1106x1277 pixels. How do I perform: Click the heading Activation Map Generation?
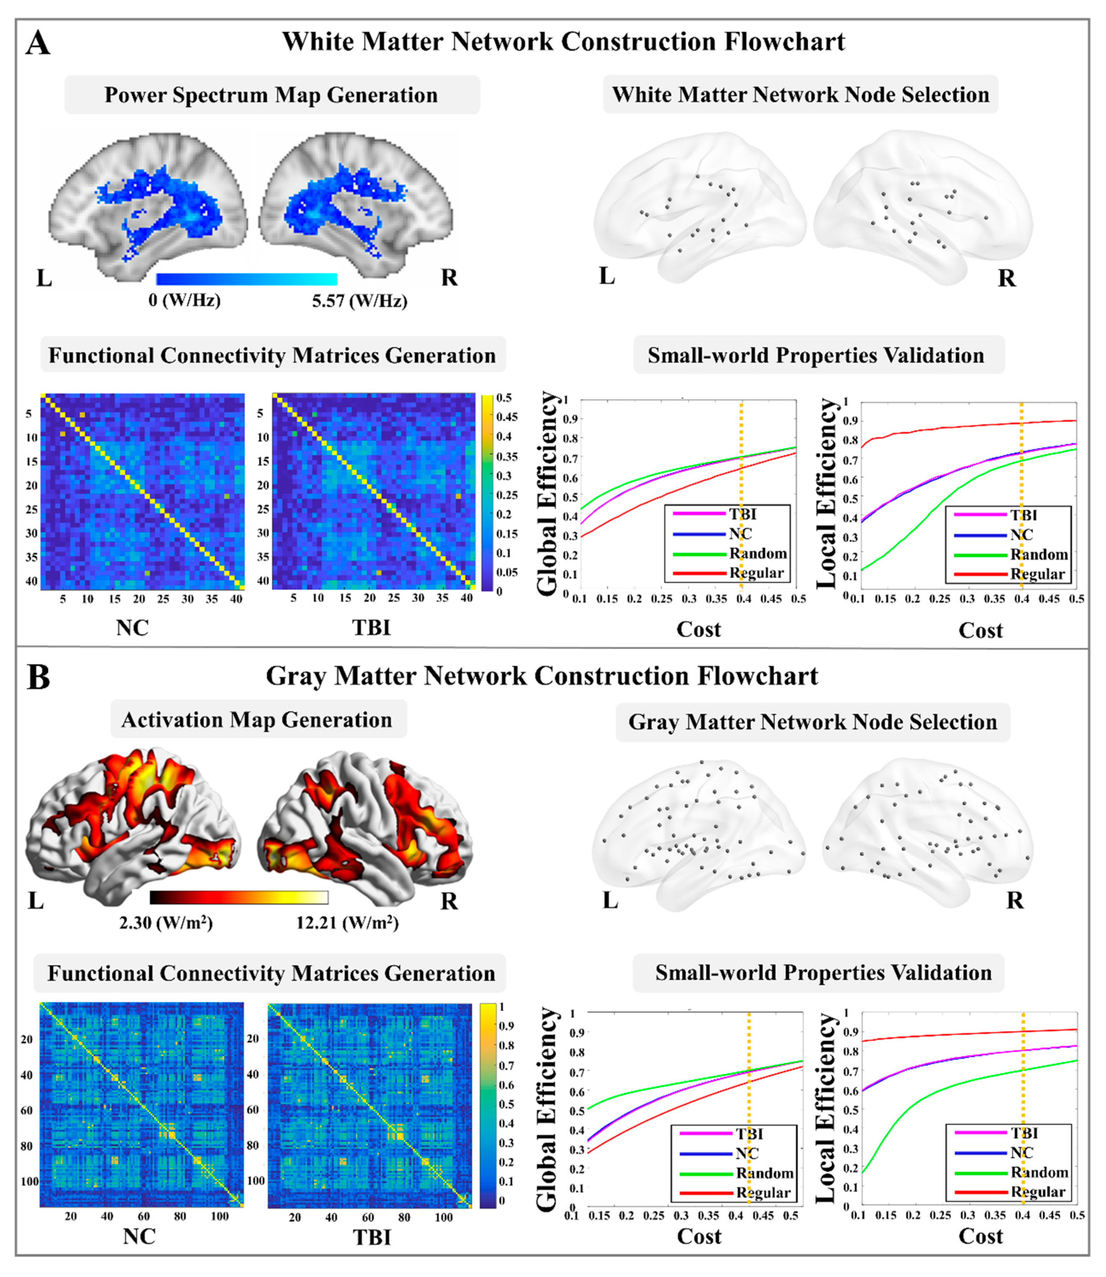pyautogui.click(x=257, y=720)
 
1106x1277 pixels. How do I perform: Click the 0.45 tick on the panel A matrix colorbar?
pyautogui.click(x=507, y=417)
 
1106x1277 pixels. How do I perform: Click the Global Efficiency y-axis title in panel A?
pyautogui.click(x=547, y=494)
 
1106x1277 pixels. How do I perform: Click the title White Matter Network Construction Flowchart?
pyautogui.click(x=563, y=42)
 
